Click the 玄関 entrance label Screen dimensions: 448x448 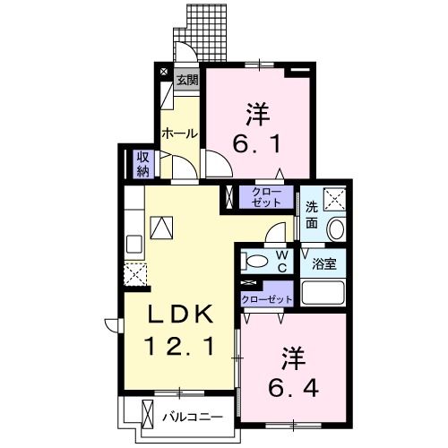click(x=185, y=79)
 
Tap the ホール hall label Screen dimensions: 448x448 click(x=179, y=134)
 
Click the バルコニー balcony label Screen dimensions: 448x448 click(x=194, y=415)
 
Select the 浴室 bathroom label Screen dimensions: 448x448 click(x=323, y=264)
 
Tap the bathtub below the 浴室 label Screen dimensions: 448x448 click(x=324, y=293)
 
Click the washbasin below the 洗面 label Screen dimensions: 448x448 click(x=337, y=229)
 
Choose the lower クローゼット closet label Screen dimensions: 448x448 click(x=267, y=298)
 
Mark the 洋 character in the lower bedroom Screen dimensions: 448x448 click(x=296, y=358)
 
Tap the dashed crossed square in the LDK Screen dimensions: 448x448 click(x=135, y=275)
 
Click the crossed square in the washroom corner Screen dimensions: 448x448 click(x=336, y=198)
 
